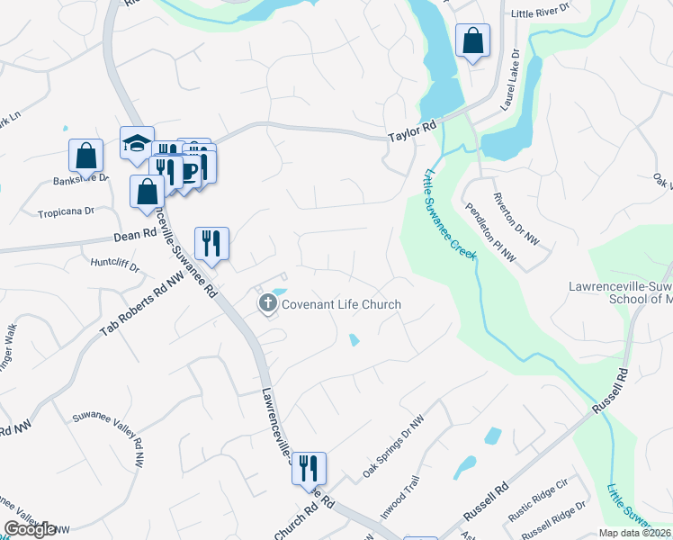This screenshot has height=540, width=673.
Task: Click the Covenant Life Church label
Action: pyautogui.click(x=341, y=304)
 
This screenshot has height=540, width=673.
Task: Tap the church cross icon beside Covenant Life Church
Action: pyautogui.click(x=267, y=304)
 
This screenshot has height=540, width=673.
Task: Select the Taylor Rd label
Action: pyautogui.click(x=412, y=132)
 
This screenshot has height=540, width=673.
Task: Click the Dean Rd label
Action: pyautogui.click(x=136, y=235)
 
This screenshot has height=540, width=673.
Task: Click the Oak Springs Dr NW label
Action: pyautogui.click(x=392, y=446)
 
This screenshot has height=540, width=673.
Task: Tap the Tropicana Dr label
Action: pyautogui.click(x=66, y=212)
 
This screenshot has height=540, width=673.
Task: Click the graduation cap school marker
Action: pyautogui.click(x=137, y=143)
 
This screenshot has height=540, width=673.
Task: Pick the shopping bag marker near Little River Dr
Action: pyautogui.click(x=472, y=40)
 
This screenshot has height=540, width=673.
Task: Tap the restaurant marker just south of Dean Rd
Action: pyautogui.click(x=211, y=242)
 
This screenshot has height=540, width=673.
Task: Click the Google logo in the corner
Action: pyautogui.click(x=31, y=528)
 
